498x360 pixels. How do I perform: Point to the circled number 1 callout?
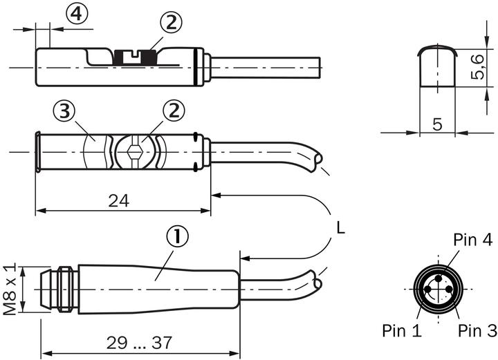coord(178,238)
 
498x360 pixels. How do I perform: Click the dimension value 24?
coord(118,200)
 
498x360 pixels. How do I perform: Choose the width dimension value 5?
coord(437,124)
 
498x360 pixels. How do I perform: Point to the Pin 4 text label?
coord(472,240)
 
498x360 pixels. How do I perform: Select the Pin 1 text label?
coord(402,330)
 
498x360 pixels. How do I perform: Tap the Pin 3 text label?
coord(477,330)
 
